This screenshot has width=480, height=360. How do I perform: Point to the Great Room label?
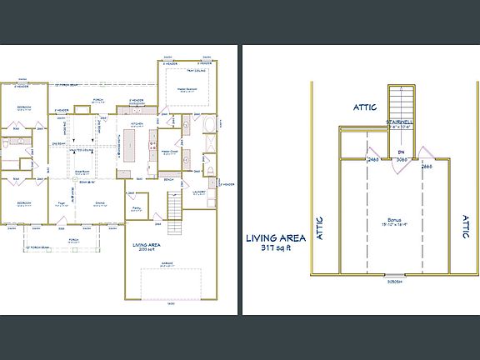(83, 170)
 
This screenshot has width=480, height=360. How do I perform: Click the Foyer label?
(62, 202)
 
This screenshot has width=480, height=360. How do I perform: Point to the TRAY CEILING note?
(207, 71)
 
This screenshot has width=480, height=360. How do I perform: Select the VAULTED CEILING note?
(80, 150)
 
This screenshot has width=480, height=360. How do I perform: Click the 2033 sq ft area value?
(145, 250)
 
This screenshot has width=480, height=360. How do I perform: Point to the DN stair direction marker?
(401, 152)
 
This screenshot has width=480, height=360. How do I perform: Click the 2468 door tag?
(372, 158)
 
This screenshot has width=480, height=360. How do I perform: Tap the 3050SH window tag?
(387, 280)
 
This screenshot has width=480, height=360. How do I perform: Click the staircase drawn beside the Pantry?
(175, 203)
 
